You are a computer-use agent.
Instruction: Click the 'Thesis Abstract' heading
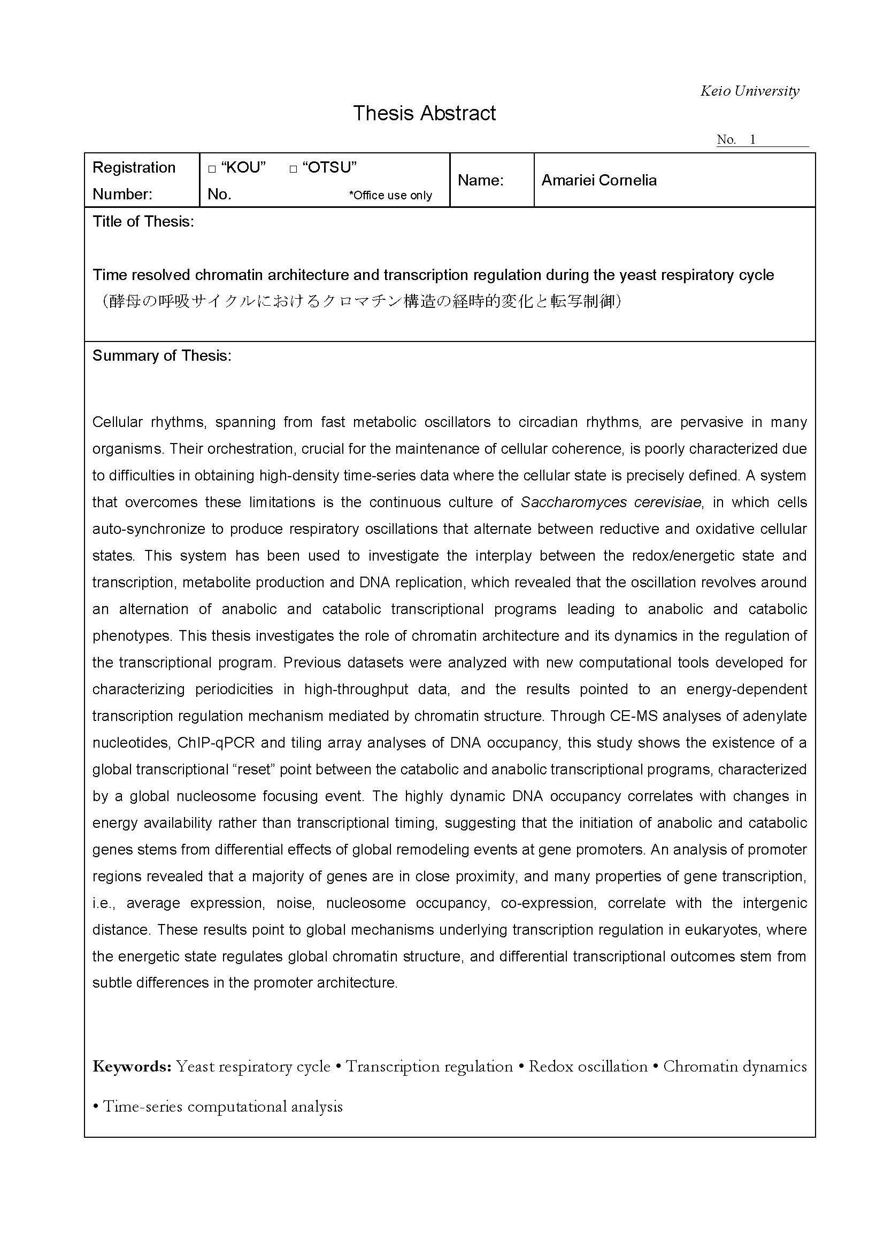[x=424, y=113]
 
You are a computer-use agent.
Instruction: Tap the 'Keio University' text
[x=749, y=91]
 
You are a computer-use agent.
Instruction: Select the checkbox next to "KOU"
[x=212, y=169]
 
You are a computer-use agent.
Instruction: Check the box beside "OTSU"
[x=293, y=169]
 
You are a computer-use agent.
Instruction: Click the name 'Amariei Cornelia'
[x=598, y=180]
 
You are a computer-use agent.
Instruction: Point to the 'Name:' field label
[x=480, y=180]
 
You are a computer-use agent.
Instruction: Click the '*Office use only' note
[x=390, y=196]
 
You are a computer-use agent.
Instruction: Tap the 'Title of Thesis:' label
[x=143, y=222]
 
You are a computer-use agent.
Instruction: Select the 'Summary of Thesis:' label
[x=162, y=355]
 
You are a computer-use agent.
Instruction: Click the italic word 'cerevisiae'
[x=665, y=502]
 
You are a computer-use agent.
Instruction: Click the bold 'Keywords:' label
[x=132, y=1066]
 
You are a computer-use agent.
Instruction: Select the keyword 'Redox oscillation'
[x=588, y=1066]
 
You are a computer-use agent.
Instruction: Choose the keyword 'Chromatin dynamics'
[x=735, y=1066]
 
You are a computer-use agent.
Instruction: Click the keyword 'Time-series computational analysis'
[x=223, y=1106]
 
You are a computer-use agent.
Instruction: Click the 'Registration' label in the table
[x=134, y=167]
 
